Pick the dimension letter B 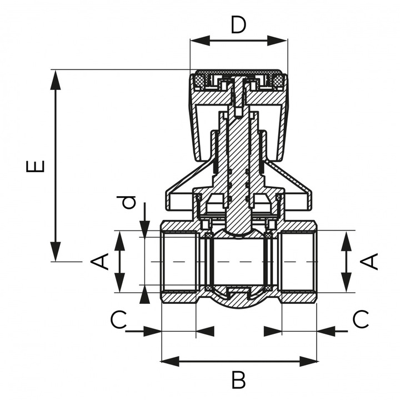[x=238, y=381]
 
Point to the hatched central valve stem [x=238, y=167]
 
